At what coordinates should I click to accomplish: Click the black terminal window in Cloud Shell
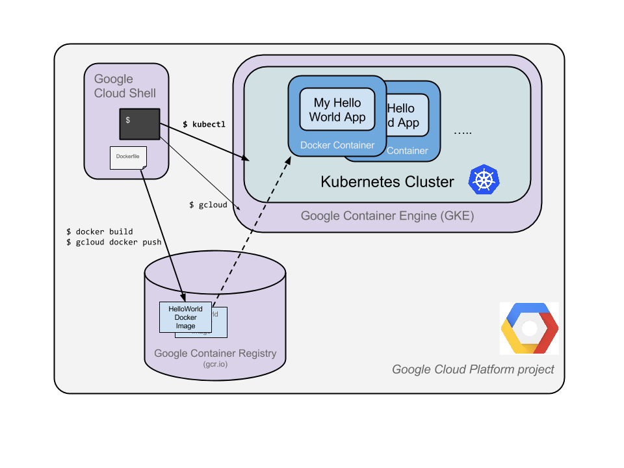140,124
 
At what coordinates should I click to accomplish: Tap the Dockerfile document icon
128,158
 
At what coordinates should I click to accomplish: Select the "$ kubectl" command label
204,124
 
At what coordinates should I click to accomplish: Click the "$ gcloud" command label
208,205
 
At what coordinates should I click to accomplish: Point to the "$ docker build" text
99,231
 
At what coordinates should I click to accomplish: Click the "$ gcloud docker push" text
114,242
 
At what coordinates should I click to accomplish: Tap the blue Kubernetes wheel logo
484,179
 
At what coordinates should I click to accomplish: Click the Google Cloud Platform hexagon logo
529,328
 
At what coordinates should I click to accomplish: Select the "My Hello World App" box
337,110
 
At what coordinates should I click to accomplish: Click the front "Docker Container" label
337,145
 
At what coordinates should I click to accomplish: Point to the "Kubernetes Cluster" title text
387,181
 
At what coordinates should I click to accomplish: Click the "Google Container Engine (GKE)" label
387,216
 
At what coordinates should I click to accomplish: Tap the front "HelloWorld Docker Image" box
185,317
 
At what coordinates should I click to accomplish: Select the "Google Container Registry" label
215,354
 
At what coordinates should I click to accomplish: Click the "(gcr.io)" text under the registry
215,365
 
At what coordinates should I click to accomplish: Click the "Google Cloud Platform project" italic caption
473,369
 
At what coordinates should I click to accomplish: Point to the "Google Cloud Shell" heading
125,86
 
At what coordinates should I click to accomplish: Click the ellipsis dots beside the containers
463,132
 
